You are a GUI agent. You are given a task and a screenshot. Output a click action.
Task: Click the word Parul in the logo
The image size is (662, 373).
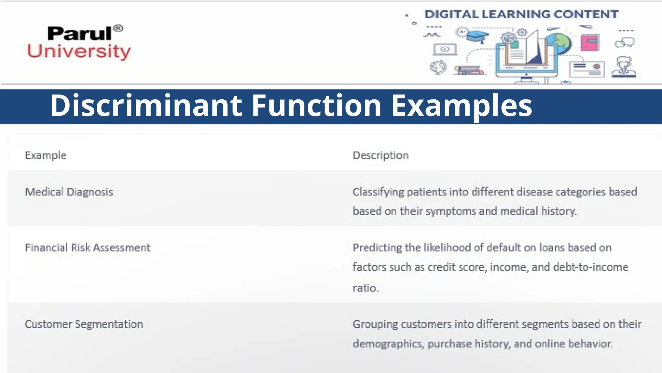(x=79, y=34)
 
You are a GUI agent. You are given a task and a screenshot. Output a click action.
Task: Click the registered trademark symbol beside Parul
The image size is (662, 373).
(x=118, y=28)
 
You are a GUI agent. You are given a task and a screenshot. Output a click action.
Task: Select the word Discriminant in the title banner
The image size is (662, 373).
(x=146, y=106)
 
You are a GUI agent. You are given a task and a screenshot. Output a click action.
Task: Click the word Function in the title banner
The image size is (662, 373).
(x=316, y=106)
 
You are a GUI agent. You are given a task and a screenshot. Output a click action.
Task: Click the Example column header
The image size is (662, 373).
(x=46, y=156)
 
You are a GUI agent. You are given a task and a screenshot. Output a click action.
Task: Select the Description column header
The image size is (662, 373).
(x=380, y=156)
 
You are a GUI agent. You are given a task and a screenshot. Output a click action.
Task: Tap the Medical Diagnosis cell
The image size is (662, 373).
(x=69, y=192)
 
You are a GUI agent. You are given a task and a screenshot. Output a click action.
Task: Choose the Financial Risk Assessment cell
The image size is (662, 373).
(x=88, y=248)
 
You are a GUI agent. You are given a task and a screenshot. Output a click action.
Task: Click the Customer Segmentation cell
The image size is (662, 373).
(x=84, y=324)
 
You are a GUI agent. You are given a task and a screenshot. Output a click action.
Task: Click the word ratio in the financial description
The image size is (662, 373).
(x=365, y=288)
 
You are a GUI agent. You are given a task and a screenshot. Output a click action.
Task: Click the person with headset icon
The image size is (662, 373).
(x=624, y=67)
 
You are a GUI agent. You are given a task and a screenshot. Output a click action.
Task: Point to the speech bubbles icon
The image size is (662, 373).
(x=625, y=42)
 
